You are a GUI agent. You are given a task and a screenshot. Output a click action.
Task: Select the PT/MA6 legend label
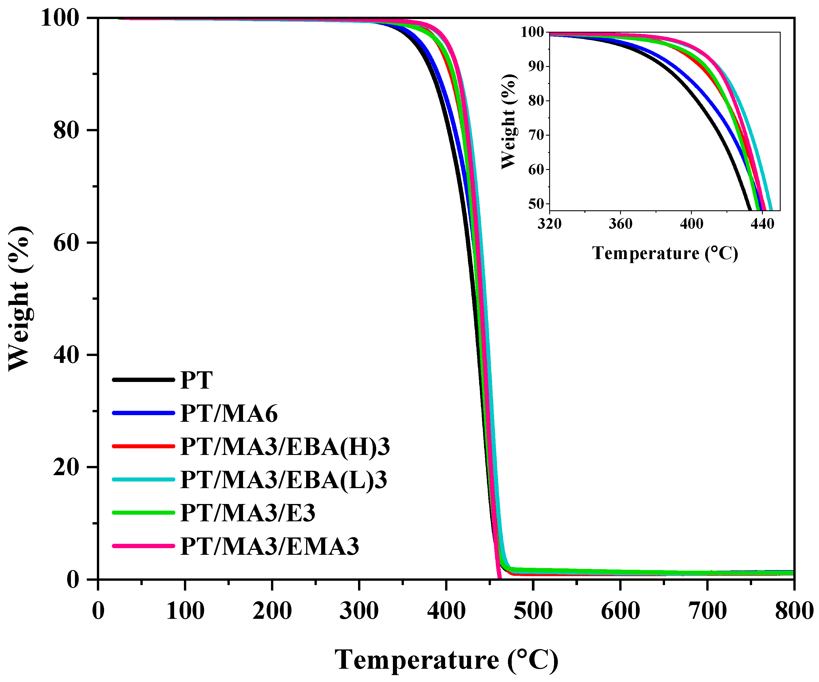[229, 413]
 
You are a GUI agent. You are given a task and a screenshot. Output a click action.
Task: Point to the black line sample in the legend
[143, 380]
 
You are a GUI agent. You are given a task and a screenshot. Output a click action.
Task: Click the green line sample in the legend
[143, 513]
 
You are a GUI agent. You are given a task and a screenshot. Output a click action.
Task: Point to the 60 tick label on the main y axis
[66, 243]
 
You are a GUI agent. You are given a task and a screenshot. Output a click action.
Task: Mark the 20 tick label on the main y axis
[66, 467]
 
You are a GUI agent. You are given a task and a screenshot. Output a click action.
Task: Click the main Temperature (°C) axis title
[447, 661]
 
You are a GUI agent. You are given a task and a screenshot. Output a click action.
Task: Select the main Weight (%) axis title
[20, 299]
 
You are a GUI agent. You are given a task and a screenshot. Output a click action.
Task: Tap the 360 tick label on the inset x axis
[620, 224]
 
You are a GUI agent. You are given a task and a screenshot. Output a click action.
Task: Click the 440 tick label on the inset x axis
[762, 224]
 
